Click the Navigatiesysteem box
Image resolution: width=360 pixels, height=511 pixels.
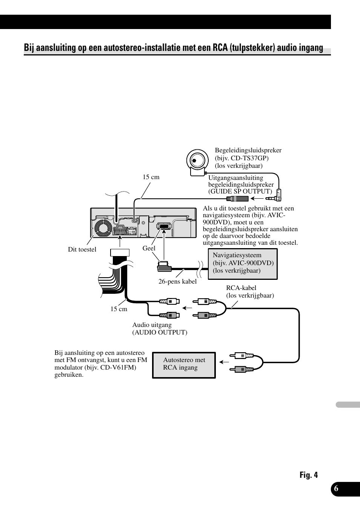coord(243,264)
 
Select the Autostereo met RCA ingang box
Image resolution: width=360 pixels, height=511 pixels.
coord(184,365)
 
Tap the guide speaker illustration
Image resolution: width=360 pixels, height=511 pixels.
coord(197,162)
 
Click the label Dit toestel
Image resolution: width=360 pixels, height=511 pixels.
coord(82,249)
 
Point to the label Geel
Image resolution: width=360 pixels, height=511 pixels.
coord(149,248)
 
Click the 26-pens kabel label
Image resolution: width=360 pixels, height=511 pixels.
coord(177,281)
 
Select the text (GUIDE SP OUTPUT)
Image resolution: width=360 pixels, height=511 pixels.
coord(240,191)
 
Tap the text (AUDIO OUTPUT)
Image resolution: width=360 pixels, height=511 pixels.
coord(160,332)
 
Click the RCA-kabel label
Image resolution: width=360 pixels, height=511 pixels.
coord(241,288)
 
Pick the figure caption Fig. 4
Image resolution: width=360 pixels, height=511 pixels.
coord(309,475)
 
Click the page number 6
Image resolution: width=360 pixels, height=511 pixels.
coord(336,489)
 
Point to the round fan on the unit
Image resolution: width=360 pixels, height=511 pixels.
coord(102,227)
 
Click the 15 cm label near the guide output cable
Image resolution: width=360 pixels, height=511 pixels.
coord(151,177)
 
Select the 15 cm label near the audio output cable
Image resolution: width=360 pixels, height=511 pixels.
coord(118,309)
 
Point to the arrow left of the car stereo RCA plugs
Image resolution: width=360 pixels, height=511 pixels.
coord(225,362)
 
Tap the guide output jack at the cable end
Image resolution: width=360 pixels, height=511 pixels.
coord(237,199)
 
